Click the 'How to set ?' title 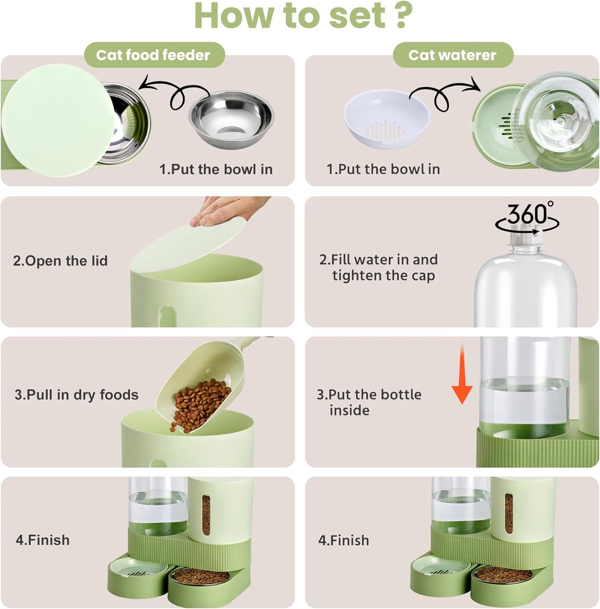[303, 16]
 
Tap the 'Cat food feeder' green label [153, 55]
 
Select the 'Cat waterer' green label [452, 55]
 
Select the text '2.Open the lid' [60, 261]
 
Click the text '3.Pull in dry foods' [76, 394]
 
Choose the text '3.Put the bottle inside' [369, 402]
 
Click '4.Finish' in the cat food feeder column [43, 540]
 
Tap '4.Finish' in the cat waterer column [343, 540]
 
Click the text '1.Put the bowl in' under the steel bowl [216, 169]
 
